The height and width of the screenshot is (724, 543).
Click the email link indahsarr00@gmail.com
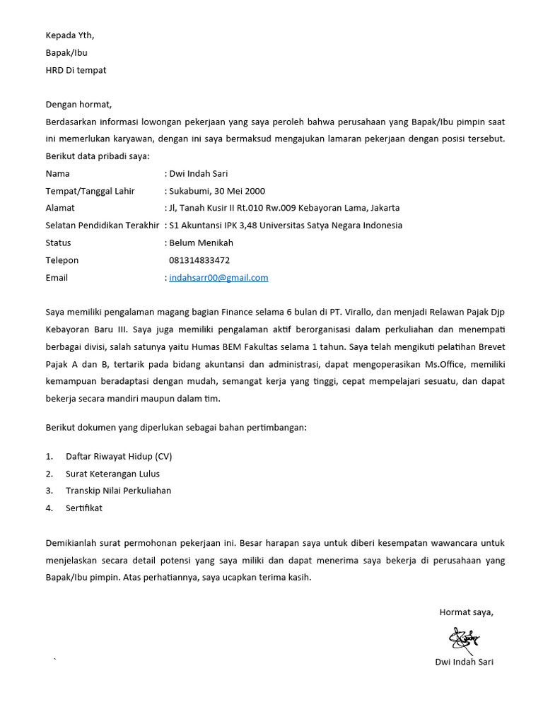tap(218, 278)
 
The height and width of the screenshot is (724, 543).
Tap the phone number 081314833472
tap(199, 260)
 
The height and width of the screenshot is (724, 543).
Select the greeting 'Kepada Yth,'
tap(69, 35)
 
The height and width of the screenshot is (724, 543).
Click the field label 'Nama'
tap(58, 173)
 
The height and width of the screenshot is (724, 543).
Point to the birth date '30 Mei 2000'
tap(240, 191)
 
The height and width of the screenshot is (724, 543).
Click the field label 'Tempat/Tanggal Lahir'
tap(90, 191)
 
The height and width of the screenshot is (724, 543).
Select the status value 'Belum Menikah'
tap(201, 243)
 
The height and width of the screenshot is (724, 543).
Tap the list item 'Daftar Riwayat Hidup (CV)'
tap(119, 456)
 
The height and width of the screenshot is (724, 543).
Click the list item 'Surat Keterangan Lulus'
tap(112, 474)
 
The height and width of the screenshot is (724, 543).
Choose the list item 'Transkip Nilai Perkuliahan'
tap(118, 491)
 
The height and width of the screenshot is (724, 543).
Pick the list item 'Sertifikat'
tap(84, 508)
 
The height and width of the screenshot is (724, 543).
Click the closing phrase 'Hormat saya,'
tap(466, 612)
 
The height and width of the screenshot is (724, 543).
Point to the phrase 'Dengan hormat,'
tap(78, 105)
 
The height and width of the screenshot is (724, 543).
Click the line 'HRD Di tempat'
tap(76, 70)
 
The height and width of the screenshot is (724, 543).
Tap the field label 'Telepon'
tap(62, 260)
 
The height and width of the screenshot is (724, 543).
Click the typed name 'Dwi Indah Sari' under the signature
tap(464, 662)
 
